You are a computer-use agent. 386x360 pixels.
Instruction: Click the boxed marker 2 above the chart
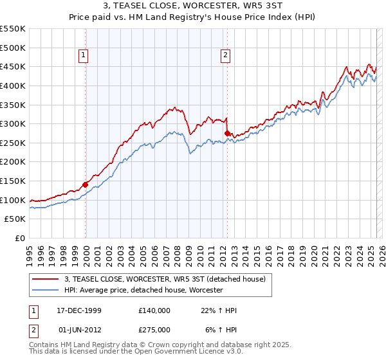[x=226, y=56]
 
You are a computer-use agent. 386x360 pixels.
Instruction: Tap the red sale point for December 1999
[x=86, y=184]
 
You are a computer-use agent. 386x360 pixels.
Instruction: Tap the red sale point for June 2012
[x=227, y=133]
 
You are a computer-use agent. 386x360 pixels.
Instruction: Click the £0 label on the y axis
[x=21, y=238]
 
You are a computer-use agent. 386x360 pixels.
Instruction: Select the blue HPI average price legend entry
[x=143, y=290]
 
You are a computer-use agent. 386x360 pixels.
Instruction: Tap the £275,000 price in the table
[x=154, y=330]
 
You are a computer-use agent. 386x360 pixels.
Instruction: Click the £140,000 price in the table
[x=154, y=310]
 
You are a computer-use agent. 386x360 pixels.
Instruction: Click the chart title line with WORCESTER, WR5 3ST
[x=193, y=8]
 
